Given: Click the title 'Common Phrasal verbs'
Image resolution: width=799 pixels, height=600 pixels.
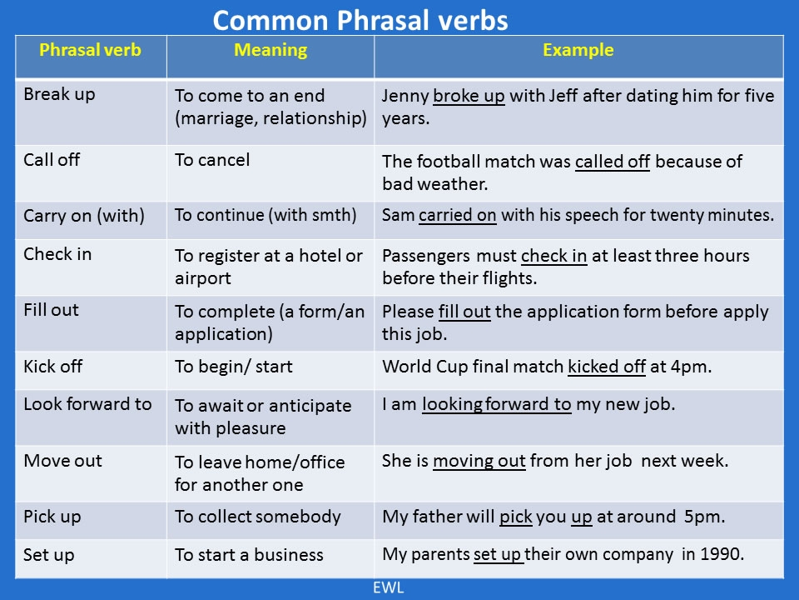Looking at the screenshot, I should pos(360,20).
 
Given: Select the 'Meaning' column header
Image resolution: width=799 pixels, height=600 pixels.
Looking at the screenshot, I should pos(270,50).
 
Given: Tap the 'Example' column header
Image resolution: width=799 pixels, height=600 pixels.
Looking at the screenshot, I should pos(578,50).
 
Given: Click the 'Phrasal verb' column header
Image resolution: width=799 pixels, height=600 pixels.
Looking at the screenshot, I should pos(90,50).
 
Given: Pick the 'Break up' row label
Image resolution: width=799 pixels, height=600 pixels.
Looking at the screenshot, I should pos(59,94).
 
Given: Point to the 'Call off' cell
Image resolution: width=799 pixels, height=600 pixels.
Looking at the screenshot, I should pos(52,160).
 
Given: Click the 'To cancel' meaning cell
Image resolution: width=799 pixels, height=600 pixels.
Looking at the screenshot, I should pos(211,160).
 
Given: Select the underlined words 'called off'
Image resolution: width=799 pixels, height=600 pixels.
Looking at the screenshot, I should pos(612,162).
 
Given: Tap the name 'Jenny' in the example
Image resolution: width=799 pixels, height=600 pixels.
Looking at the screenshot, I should pos(405,96).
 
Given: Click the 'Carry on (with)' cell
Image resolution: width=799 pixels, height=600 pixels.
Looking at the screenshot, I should pos(84,216).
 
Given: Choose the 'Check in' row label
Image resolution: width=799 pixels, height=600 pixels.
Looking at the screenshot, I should pos(57,254).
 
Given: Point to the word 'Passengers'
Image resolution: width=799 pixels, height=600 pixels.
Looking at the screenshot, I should pos(426,256).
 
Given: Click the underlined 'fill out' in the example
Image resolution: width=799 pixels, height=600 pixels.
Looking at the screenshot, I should pos(464,312).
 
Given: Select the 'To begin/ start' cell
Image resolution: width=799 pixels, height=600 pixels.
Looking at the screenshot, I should pos(233,366).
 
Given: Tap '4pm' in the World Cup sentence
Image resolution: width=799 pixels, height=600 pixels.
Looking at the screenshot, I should pos(689,366).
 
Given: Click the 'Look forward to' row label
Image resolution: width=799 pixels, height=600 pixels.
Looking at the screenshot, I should pos(87,404).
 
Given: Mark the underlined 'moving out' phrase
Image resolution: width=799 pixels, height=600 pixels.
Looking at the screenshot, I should pos(479,461).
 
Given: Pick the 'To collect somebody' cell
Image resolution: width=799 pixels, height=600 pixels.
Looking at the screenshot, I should pos(257,517).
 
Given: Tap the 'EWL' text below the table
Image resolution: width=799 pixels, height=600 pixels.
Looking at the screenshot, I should pos(387,588).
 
